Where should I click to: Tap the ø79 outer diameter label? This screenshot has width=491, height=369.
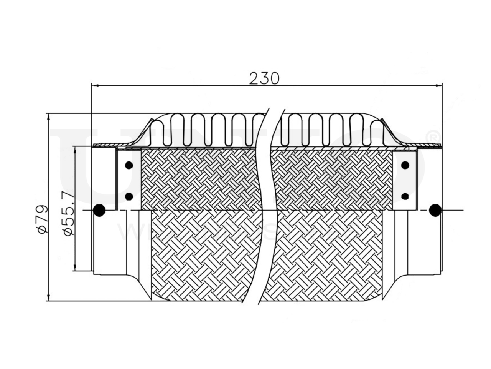(x=42, y=219)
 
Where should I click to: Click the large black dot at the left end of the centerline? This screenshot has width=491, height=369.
(x=99, y=210)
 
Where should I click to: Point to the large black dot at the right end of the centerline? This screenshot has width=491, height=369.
(x=435, y=210)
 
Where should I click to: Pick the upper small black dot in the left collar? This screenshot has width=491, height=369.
(x=129, y=166)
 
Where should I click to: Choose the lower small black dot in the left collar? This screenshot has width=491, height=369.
(x=129, y=197)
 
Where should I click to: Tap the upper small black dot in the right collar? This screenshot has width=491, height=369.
(x=405, y=166)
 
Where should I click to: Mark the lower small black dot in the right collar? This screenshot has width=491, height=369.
(x=405, y=197)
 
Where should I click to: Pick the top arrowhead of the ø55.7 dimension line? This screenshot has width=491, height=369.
(x=76, y=150)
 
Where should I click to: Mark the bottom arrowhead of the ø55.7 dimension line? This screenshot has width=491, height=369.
(x=76, y=269)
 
